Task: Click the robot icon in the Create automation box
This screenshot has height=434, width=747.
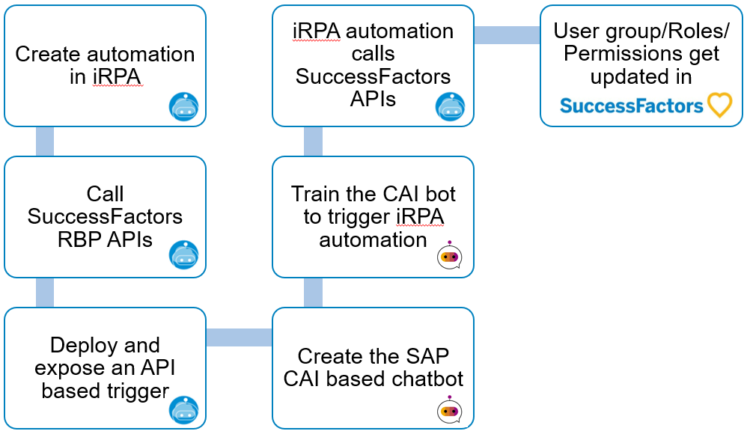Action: (184, 107)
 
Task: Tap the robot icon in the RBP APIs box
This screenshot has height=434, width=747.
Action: (184, 255)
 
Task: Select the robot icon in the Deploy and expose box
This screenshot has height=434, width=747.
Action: (184, 409)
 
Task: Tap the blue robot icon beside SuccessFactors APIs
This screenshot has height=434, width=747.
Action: (450, 107)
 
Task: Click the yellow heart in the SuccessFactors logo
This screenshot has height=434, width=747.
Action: (719, 105)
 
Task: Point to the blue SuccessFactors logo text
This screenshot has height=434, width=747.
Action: (631, 106)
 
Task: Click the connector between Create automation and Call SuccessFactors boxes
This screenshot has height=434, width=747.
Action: (45, 141)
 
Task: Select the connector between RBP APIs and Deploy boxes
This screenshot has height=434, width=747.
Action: (45, 293)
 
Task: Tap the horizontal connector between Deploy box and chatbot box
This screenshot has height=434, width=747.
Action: (240, 337)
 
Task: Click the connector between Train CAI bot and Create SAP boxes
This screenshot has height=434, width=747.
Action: (313, 293)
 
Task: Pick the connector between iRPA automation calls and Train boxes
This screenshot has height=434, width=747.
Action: (313, 141)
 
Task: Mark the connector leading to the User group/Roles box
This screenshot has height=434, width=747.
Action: (507, 34)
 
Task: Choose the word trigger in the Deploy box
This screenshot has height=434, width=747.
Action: (138, 391)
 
